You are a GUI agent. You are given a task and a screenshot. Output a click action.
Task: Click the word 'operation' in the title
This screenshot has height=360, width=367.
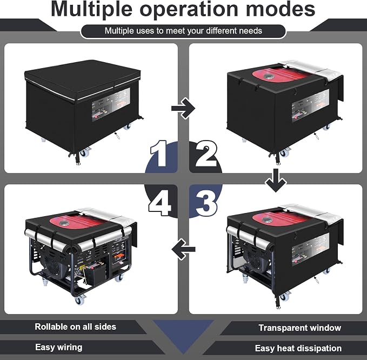(x=190, y=9)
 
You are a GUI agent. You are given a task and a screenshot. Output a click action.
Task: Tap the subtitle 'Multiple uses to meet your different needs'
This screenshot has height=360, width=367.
(x=183, y=31)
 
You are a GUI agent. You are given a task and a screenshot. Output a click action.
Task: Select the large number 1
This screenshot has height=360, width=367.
(x=159, y=154)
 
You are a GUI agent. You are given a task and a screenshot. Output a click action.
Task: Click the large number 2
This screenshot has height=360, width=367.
(x=206, y=154)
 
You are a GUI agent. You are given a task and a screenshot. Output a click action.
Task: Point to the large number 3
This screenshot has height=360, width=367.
(x=206, y=203)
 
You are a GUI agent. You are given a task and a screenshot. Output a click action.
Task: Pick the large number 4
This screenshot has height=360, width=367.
(x=159, y=203)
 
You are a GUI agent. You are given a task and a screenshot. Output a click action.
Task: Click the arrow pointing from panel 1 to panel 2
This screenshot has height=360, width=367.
(x=183, y=108)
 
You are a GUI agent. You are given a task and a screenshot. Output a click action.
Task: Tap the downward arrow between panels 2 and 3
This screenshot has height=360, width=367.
(x=276, y=180)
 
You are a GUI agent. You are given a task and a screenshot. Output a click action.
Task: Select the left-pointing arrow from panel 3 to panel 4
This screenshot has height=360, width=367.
(x=183, y=249)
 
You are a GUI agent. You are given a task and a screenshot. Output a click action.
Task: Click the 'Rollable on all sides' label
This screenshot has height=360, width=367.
(x=75, y=327)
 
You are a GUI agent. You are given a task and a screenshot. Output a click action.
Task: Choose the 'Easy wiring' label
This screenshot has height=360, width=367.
(x=59, y=347)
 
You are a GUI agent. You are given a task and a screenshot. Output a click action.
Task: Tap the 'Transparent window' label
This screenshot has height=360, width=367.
(x=300, y=328)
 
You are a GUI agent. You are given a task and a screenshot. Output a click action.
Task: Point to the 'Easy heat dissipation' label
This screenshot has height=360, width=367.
(x=298, y=348)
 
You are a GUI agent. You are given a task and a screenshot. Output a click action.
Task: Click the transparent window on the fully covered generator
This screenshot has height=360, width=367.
(x=111, y=105)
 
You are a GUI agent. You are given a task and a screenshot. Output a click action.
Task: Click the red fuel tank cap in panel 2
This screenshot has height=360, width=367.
(x=267, y=76)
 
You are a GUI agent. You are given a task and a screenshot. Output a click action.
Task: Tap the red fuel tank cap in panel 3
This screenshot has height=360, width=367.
(x=267, y=220)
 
